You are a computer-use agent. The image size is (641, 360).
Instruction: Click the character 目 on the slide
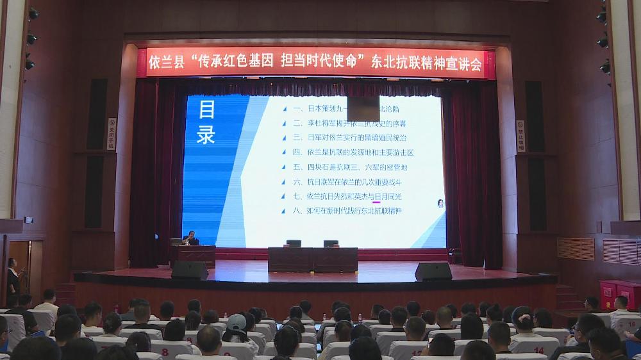(206, 110)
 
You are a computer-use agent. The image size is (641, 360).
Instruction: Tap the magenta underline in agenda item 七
(377, 201)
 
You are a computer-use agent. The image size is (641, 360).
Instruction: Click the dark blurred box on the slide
(363, 109)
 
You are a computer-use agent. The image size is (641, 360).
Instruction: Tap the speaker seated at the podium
(189, 238)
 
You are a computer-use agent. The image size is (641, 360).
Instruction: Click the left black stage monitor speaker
(190, 270)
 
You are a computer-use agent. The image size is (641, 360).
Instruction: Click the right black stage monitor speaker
(433, 271)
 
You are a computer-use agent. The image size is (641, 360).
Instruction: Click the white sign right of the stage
(520, 136)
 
